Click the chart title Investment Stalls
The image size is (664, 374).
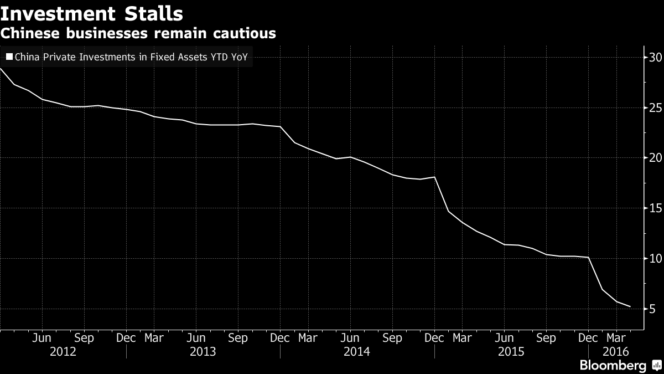click(92, 13)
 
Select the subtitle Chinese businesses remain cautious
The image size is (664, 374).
click(138, 33)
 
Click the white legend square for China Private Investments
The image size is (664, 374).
click(9, 57)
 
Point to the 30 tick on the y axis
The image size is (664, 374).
click(654, 57)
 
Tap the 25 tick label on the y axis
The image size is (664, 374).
click(654, 107)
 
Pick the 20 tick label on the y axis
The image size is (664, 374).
click(654, 158)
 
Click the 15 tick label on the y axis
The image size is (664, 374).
click(654, 208)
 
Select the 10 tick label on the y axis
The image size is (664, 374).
click(654, 259)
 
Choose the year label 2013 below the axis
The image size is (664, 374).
click(203, 351)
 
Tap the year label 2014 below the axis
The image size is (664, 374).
click(357, 351)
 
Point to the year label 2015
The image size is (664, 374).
click(511, 351)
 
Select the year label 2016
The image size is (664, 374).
click(615, 351)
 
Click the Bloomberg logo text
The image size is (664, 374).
click(613, 366)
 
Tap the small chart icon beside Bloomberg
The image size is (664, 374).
click(656, 366)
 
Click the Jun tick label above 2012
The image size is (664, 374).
click(41, 338)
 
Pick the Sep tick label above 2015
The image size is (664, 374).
click(546, 338)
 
